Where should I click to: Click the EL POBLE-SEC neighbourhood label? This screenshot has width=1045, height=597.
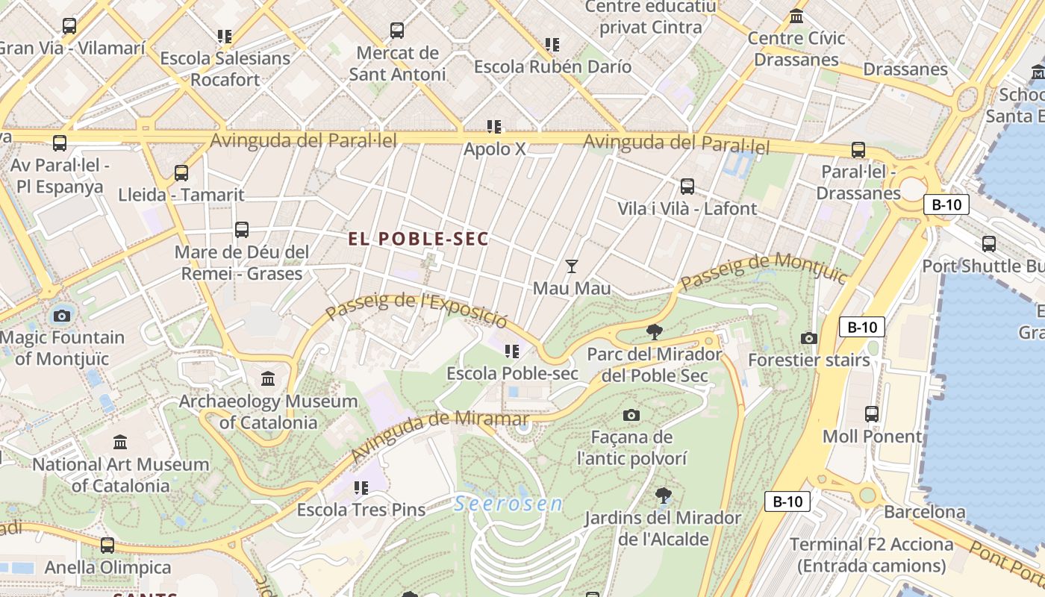[418, 239]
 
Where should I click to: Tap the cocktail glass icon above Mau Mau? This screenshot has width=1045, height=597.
[572, 266]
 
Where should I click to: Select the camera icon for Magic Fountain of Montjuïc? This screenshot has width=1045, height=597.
[62, 316]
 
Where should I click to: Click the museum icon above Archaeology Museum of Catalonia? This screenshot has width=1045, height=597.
[268, 379]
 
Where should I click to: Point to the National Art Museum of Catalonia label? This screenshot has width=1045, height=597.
[120, 475]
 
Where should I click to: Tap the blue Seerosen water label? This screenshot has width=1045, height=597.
[508, 504]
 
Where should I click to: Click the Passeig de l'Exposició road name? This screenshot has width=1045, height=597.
[417, 307]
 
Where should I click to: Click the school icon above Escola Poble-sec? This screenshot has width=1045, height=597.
[511, 351]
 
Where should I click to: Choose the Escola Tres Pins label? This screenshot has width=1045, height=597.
[361, 510]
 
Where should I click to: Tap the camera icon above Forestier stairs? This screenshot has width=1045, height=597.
[808, 338]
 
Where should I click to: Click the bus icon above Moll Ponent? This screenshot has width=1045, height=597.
[871, 413]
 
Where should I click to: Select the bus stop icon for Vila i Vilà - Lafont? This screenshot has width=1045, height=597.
[687, 187]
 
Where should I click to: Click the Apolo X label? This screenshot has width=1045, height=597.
[494, 149]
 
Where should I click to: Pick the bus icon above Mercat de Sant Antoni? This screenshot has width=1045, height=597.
[397, 31]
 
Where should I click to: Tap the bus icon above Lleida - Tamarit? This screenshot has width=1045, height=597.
[181, 173]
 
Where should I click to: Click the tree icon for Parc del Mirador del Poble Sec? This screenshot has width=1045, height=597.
[654, 331]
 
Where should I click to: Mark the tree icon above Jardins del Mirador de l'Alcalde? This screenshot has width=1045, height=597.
[662, 496]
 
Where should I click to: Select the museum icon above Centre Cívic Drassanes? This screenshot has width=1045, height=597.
[796, 16]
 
